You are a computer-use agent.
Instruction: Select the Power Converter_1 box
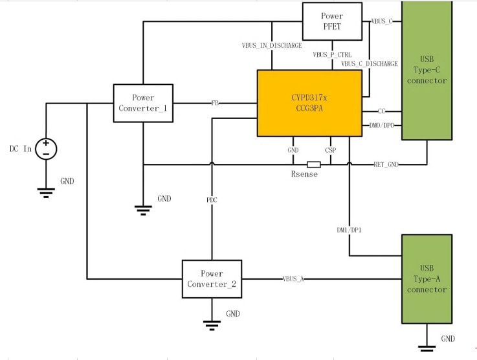[x=143, y=103]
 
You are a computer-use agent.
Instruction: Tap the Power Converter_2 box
[x=212, y=279]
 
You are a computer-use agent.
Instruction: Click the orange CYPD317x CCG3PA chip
[x=309, y=103]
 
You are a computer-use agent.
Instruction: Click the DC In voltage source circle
[x=46, y=148]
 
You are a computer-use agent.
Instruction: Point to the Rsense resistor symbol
[x=314, y=164]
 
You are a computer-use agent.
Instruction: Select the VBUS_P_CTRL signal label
[x=332, y=55]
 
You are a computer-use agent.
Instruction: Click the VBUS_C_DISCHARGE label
[x=370, y=64]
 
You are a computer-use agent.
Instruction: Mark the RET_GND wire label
[x=386, y=164]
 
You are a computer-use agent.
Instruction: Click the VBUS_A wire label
[x=293, y=279]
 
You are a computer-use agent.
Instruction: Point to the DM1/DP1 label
[x=349, y=230]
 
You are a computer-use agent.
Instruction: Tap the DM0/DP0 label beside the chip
[x=382, y=125]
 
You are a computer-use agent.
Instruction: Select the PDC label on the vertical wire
[x=212, y=200]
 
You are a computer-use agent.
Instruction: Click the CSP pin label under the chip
[x=331, y=150]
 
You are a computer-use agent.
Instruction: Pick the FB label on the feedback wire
[x=215, y=103]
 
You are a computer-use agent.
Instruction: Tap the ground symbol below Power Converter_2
[x=211, y=323]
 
